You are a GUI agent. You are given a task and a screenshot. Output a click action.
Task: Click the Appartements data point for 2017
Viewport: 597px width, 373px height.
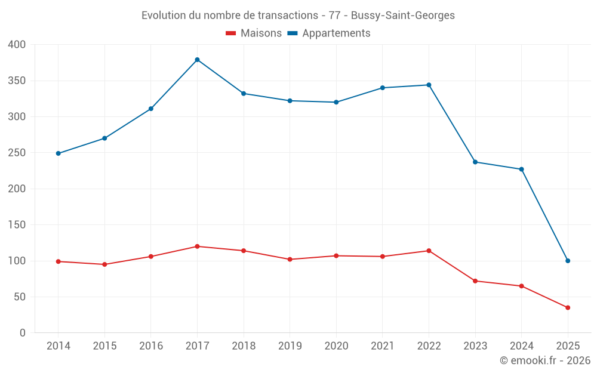[197, 60]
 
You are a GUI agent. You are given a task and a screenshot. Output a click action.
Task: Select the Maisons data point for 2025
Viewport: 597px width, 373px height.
[568, 308]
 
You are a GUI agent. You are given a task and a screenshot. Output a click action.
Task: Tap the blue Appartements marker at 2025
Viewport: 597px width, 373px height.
[568, 261]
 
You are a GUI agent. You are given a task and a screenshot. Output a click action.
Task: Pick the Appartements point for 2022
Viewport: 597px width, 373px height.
[429, 85]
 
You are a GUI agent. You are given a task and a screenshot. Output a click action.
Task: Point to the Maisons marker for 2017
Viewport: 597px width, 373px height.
[197, 246]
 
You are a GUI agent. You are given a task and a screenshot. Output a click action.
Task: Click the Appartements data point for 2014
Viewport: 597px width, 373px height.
[59, 153]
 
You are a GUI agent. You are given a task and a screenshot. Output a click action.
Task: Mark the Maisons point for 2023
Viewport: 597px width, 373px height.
[475, 281]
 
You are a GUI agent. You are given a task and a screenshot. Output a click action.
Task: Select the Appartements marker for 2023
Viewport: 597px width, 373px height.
[475, 162]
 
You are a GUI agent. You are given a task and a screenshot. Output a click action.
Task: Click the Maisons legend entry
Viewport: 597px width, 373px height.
[254, 33]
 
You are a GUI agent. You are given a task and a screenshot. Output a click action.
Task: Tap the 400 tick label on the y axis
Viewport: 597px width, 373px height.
[17, 45]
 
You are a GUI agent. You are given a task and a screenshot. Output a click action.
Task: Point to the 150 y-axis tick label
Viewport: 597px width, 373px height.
[17, 225]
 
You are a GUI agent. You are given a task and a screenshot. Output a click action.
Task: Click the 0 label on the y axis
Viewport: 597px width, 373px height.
[23, 333]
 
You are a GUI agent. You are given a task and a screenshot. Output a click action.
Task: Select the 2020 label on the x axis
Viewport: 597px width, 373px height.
[336, 346]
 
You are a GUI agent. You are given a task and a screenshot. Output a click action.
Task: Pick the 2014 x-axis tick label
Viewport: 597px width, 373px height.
[59, 346]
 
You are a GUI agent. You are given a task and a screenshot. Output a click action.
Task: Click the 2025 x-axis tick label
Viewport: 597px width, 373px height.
[568, 346]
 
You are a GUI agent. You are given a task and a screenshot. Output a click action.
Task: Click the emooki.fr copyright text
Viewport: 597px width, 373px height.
[545, 360]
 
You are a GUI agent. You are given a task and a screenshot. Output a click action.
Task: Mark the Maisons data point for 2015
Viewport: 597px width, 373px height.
[104, 264]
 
